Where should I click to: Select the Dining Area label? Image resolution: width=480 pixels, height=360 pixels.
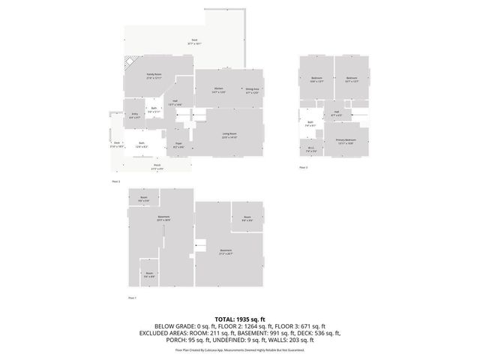252,90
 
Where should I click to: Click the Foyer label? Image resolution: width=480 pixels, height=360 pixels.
178,145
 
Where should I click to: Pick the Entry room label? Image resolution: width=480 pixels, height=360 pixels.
135,115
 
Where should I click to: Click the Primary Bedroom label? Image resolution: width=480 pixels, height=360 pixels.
346,141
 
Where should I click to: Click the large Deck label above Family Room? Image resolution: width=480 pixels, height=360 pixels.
194,43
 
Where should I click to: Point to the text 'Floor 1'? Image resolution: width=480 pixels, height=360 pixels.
132,298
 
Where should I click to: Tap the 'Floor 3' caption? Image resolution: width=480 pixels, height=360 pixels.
304,168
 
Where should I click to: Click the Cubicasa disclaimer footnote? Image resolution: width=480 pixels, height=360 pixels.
245,349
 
